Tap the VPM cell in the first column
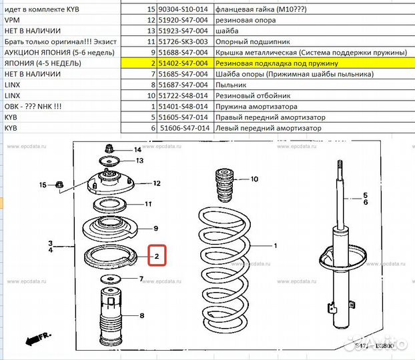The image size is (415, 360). tap(13, 19)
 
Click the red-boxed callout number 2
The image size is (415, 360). tap(157, 255)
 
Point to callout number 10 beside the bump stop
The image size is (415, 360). tap(254, 179)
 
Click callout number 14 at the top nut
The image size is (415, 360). tap(137, 149)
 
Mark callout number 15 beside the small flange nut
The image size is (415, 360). tap(43, 185)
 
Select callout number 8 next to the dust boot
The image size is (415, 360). tap(141, 315)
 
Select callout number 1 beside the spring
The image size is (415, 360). tap(273, 245)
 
